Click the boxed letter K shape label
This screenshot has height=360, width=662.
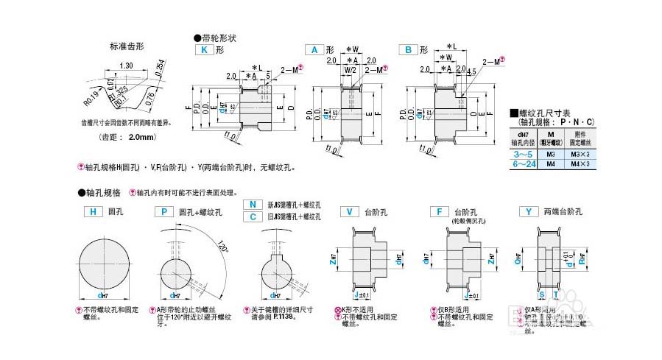click(203, 50)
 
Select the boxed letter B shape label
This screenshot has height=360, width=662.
click(408, 50)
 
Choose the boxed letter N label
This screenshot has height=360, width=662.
click(253, 204)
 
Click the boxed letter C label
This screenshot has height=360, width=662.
click(253, 216)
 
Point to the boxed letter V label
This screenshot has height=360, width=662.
click(350, 212)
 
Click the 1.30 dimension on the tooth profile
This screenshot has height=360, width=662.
click(126, 66)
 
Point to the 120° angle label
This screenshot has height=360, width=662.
click(222, 244)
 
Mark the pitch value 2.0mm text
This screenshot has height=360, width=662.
click(141, 137)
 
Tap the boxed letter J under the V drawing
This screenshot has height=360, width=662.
click(355, 297)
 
